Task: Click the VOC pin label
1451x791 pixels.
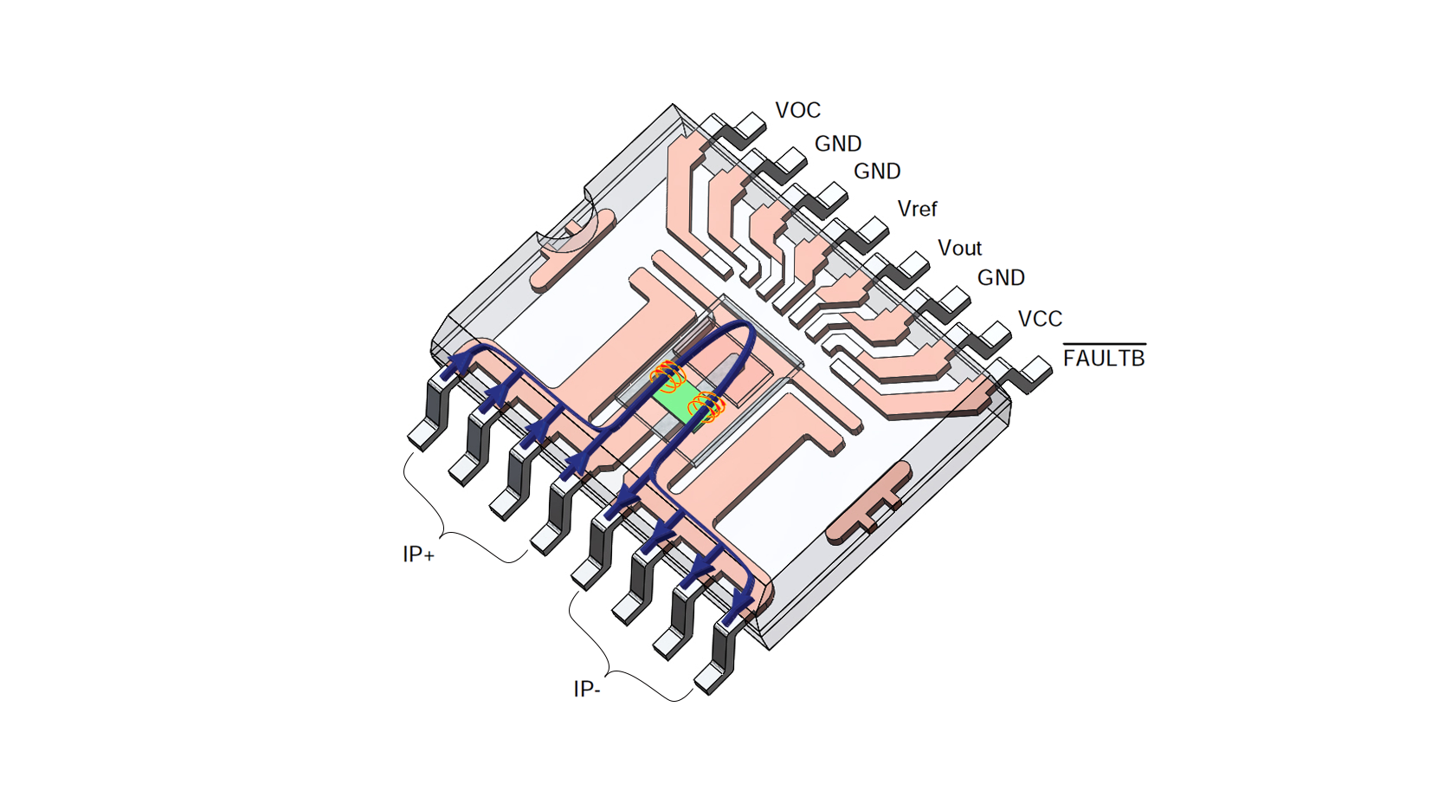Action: click(797, 111)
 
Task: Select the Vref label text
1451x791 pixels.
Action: click(917, 210)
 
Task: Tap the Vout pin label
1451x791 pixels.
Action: click(959, 249)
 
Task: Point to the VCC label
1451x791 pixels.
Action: click(1040, 319)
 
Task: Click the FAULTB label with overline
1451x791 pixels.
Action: click(1104, 358)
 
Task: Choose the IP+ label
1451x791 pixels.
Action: click(418, 554)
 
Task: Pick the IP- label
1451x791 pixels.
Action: click(586, 690)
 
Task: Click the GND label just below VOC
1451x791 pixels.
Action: click(837, 144)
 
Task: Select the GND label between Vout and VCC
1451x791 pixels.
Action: click(1001, 278)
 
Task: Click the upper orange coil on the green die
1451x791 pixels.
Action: click(668, 376)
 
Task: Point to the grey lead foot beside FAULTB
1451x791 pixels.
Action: click(1035, 372)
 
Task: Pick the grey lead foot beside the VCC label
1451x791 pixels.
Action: click(995, 333)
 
